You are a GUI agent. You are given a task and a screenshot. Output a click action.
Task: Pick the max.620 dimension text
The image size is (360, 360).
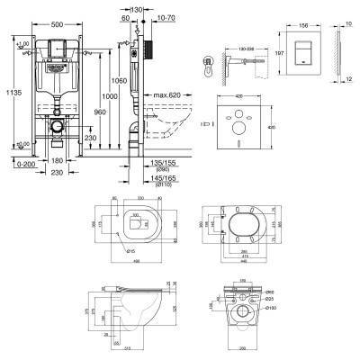166,94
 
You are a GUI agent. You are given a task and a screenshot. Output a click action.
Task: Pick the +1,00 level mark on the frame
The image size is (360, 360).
25,45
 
